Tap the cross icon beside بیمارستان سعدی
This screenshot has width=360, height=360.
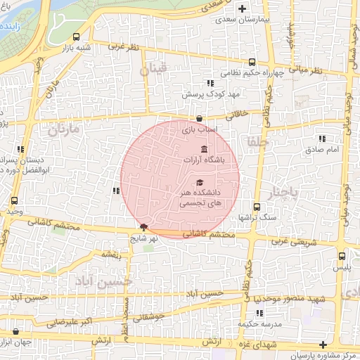(x=243, y=9)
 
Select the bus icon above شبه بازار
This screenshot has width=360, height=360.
(x=76, y=37)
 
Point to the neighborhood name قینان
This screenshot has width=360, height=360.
(x=155, y=70)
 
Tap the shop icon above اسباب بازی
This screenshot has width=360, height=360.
(x=200, y=119)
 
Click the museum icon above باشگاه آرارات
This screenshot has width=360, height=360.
(x=204, y=149)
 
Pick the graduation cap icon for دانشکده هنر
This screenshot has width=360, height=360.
(x=200, y=183)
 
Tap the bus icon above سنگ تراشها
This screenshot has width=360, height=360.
(x=256, y=207)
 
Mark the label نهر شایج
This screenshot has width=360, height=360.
(x=146, y=238)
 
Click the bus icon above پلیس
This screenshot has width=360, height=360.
(x=342, y=256)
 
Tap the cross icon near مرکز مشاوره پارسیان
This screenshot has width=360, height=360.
(x=323, y=345)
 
